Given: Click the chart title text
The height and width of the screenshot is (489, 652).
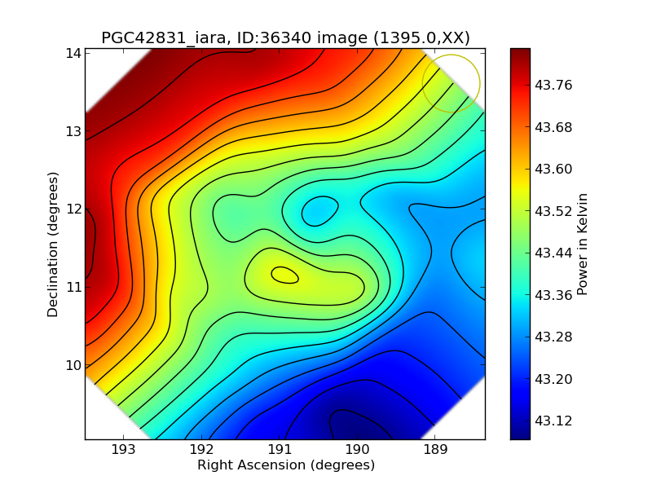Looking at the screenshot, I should tap(285, 37).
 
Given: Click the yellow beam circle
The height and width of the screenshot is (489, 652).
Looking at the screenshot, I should tap(451, 83).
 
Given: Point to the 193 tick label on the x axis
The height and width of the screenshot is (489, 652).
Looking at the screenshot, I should tap(124, 450).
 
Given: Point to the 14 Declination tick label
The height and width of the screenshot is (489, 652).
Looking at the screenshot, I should tap(73, 53).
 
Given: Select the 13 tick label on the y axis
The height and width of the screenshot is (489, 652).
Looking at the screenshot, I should tap(73, 131).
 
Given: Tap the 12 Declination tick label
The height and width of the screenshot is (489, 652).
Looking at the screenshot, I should tap(73, 209).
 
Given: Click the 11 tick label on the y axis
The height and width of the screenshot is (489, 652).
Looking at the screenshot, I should tap(73, 287).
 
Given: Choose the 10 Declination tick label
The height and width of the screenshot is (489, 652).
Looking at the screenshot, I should tap(73, 364).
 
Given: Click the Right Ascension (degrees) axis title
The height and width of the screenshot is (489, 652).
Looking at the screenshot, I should tap(285, 465).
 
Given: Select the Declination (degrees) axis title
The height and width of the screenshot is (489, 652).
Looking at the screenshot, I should tap(53, 244).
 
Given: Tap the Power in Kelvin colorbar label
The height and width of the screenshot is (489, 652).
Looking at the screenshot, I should tap(582, 244).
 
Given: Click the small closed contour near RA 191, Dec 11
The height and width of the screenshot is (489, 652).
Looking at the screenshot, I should tap(284, 275).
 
